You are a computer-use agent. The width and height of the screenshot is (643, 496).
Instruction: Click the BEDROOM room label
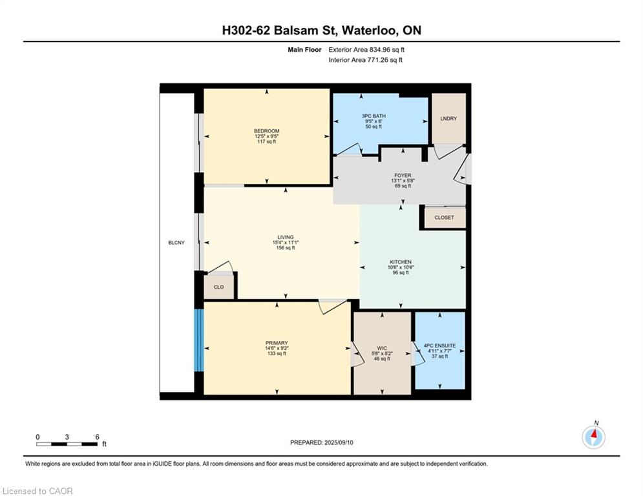click(266, 131)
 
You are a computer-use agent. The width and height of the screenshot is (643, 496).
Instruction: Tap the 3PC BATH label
click(374, 116)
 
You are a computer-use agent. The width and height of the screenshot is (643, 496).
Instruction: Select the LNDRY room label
click(448, 118)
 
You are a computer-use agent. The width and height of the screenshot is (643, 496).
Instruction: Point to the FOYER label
click(403, 176)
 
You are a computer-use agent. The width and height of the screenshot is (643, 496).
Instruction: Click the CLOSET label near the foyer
click(444, 218)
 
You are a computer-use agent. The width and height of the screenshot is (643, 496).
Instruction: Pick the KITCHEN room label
click(401, 262)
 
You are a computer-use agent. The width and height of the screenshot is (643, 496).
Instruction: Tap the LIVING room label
click(286, 237)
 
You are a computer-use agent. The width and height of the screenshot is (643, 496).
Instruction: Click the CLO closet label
click(218, 287)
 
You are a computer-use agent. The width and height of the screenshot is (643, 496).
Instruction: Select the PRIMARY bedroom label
click(277, 343)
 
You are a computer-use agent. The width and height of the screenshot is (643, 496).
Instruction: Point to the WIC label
click(382, 349)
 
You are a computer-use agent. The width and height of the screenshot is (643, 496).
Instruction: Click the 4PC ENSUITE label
click(439, 346)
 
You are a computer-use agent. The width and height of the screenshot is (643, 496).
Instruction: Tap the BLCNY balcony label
click(176, 243)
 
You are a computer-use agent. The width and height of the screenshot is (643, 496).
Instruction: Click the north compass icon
click(593, 437)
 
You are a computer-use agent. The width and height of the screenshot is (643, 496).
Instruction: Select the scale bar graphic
click(67, 444)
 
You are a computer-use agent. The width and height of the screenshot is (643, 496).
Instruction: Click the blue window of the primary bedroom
click(199, 340)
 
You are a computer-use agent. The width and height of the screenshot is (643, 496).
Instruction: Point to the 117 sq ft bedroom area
click(266, 142)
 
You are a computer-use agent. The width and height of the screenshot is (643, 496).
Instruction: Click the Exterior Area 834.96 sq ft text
click(366, 50)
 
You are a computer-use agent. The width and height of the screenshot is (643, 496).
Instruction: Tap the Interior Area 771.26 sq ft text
click(365, 60)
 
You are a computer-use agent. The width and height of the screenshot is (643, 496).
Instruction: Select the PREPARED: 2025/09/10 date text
click(322, 442)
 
